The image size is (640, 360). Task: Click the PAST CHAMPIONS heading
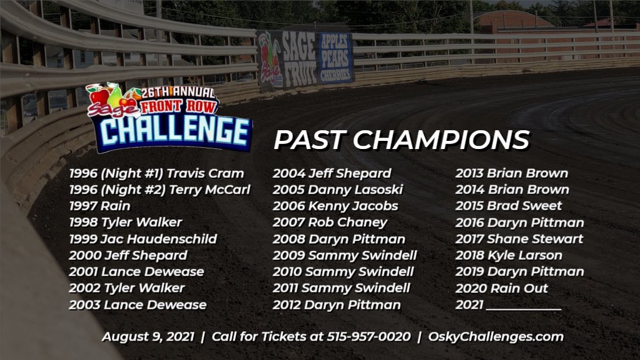(401, 140)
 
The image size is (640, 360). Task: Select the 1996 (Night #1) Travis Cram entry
(156, 173)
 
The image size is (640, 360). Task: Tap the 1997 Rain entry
(99, 206)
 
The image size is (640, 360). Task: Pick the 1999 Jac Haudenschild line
(143, 239)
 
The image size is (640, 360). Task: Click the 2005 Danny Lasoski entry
(337, 190)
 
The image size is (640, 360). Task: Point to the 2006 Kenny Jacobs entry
(335, 206)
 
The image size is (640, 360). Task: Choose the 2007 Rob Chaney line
(330, 222)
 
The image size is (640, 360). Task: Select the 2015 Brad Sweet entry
(508, 206)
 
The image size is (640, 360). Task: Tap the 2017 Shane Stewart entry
(519, 239)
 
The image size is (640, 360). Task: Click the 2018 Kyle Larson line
(508, 255)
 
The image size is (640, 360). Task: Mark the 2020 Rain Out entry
(501, 288)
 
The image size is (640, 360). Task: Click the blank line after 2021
(523, 306)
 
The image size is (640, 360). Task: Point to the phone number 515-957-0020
(368, 337)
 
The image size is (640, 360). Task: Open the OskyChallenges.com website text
(495, 337)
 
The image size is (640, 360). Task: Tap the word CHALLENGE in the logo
(175, 130)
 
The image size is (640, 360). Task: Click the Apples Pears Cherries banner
(336, 58)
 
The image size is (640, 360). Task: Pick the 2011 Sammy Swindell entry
(341, 288)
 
